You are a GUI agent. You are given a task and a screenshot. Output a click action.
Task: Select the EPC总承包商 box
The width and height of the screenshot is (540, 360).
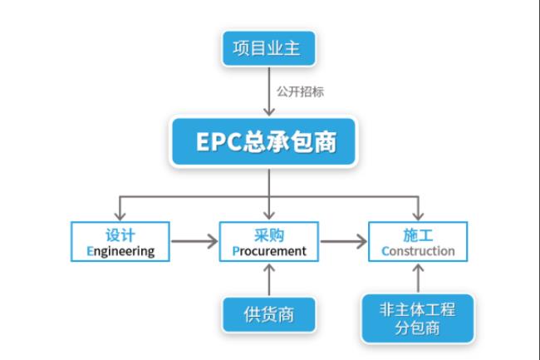(x=269, y=142)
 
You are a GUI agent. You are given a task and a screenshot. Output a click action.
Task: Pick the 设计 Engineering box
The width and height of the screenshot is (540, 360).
(x=120, y=241)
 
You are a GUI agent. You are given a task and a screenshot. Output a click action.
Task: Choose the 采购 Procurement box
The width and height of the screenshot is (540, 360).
(x=269, y=241)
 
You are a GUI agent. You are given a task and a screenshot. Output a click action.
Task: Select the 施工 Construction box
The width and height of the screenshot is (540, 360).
(x=418, y=241)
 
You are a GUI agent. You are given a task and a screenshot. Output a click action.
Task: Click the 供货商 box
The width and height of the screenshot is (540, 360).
(x=269, y=314)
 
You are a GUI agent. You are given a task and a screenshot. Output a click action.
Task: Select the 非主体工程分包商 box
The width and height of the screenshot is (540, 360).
(x=418, y=318)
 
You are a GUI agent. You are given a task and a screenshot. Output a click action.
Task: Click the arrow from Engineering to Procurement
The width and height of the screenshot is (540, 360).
(x=194, y=242)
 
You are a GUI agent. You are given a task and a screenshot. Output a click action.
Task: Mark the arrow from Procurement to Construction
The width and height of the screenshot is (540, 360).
(x=343, y=242)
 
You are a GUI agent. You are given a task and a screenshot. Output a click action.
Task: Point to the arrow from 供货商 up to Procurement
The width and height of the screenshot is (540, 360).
(x=269, y=278)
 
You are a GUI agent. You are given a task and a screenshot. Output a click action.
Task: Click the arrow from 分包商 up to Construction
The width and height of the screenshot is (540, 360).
(x=418, y=277)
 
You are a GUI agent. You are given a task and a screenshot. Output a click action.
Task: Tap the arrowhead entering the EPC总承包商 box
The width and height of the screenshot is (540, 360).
(x=269, y=111)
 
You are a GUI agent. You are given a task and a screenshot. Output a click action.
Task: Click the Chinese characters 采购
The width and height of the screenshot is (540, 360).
(x=269, y=233)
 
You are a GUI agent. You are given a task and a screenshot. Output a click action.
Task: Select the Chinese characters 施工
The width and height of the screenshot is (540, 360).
(x=418, y=233)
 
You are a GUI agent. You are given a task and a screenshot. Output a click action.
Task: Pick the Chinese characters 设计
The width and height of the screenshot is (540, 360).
(x=120, y=233)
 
